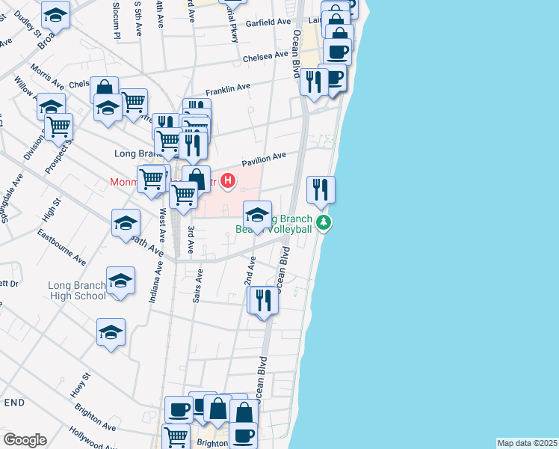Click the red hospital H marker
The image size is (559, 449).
pos(229,181)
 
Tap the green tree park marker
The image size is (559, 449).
pos(324,223)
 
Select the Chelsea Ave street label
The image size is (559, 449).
pos(265,55)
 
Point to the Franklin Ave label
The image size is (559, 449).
pos(228,88)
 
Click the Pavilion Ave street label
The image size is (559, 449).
pos(264,159)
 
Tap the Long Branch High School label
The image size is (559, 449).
pos(77,290)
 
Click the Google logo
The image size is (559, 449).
pos(25,439)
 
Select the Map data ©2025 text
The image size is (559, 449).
pos(527,443)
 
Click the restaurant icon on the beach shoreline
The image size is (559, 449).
pos(321,189)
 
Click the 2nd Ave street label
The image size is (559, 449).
pos(251,274)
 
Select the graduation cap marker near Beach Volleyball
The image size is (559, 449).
pos(257,215)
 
